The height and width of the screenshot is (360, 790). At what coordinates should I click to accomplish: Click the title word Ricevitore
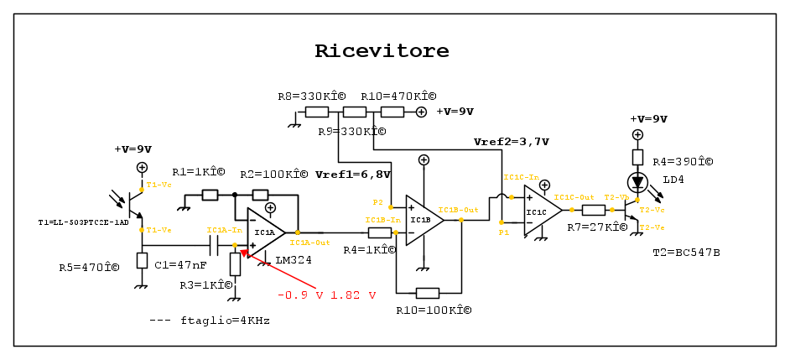tap(382, 51)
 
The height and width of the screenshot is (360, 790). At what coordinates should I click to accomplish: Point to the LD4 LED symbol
tap(637, 181)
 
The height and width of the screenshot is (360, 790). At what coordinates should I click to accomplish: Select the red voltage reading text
tap(326, 295)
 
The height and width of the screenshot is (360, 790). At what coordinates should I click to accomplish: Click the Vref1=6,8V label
tap(353, 175)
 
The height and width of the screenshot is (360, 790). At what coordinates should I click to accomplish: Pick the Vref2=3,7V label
tap(511, 142)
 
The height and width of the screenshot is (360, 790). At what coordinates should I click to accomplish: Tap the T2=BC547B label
tap(686, 252)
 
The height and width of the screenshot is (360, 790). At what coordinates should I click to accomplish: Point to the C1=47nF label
tap(182, 264)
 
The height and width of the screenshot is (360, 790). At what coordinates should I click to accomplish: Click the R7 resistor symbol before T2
tap(594, 210)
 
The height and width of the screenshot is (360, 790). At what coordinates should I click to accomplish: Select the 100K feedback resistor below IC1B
tap(427, 293)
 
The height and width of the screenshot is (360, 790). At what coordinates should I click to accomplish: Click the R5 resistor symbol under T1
tap(142, 260)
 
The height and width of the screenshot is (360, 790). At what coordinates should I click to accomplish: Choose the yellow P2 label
tap(377, 202)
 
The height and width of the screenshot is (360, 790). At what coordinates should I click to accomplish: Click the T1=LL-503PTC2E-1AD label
tap(84, 222)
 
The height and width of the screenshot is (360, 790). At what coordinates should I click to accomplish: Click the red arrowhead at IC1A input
tap(245, 252)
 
